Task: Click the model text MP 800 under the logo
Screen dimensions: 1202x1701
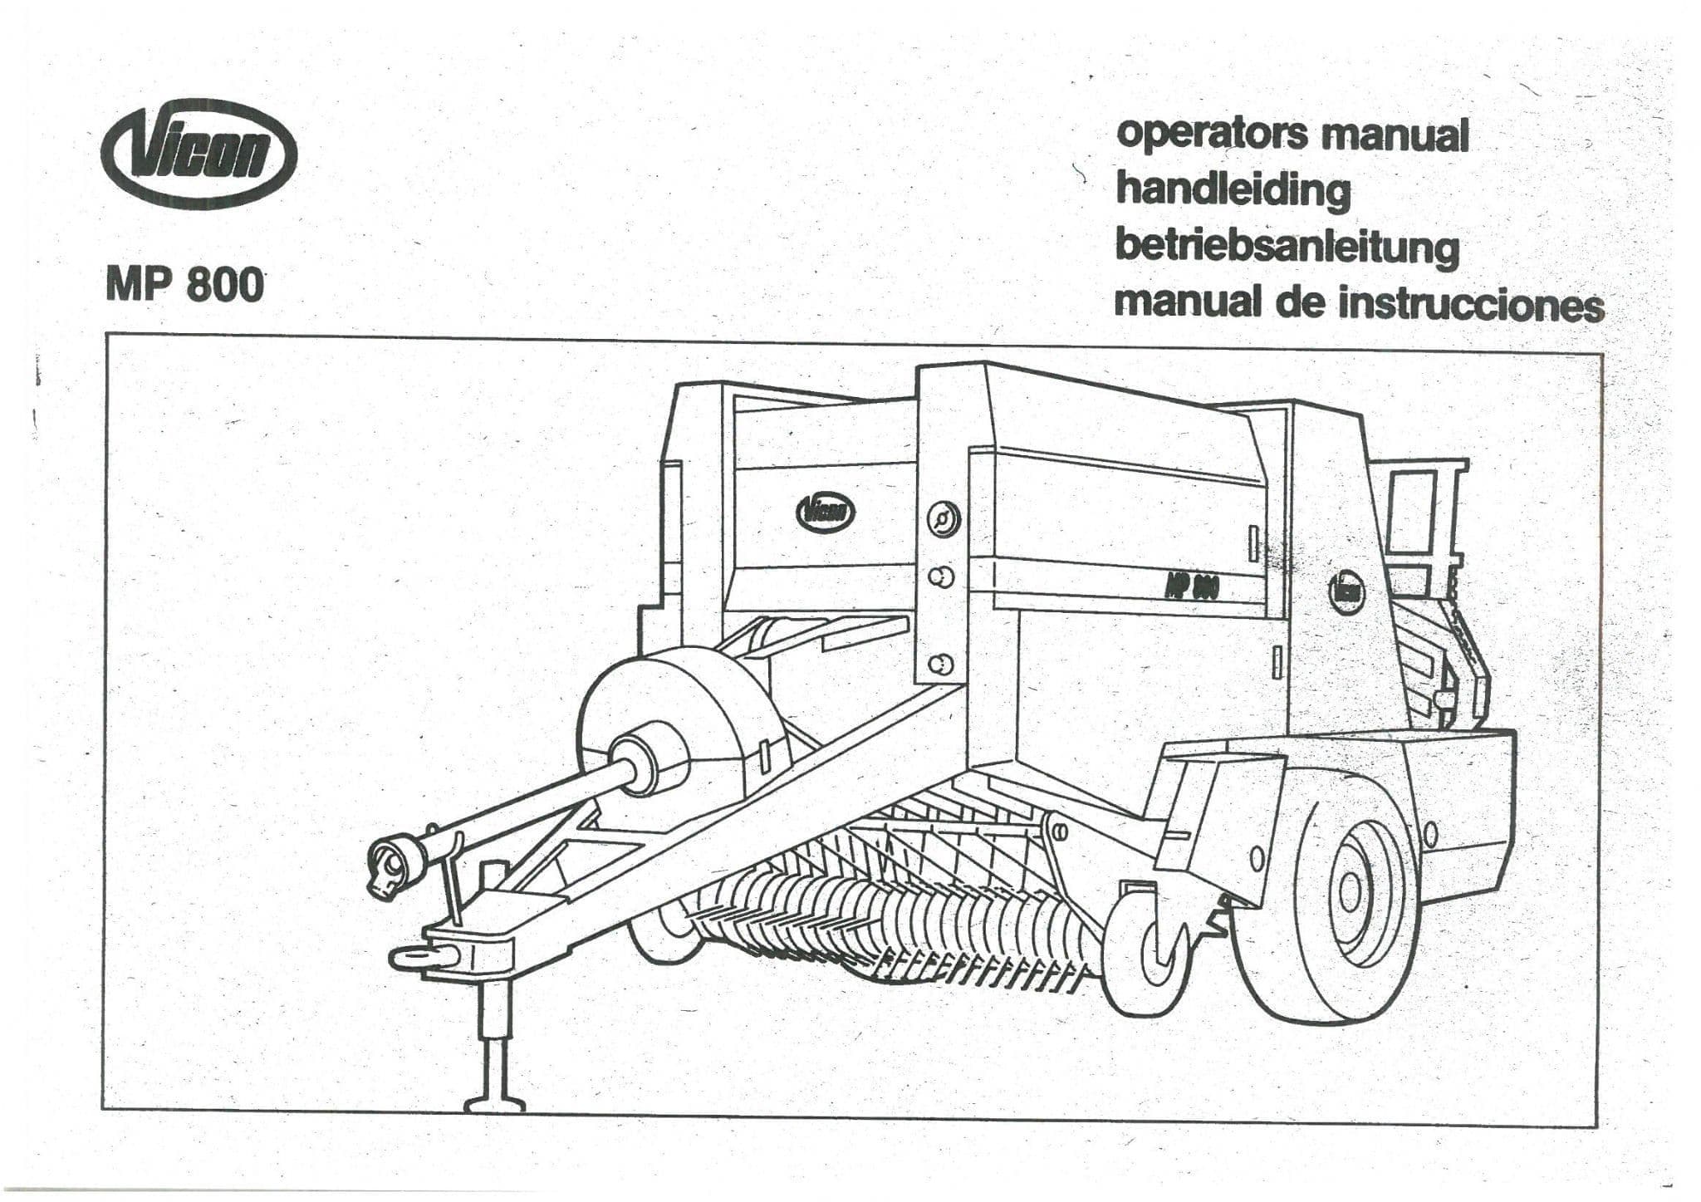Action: point(184,285)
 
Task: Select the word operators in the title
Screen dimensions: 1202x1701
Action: point(1213,134)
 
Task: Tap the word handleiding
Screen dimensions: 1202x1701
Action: point(1233,190)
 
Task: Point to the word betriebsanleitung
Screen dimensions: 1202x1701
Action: point(1287,247)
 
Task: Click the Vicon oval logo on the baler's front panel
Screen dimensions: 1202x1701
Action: point(825,512)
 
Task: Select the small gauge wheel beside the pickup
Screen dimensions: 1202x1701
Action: point(1150,947)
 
